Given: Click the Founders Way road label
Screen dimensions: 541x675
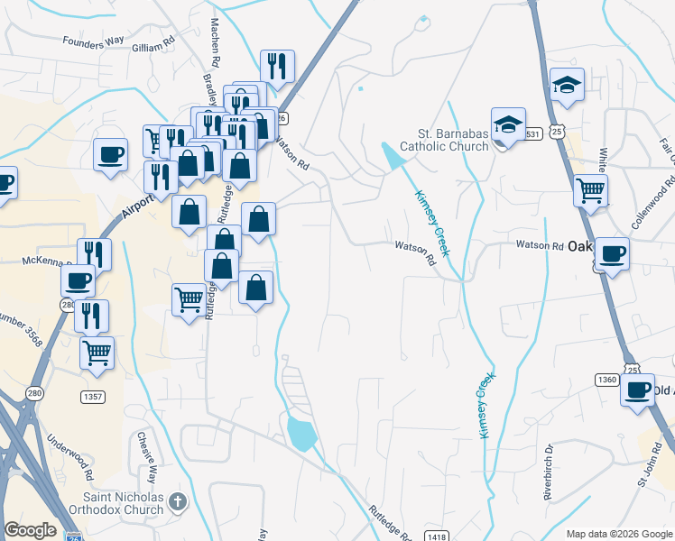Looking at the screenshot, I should pos(91,41).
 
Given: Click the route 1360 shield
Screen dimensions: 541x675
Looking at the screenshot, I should pos(606,380).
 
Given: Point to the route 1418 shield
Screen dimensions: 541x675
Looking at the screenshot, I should pos(437,537).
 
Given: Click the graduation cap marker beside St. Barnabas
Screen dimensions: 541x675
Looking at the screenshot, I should pos(508,125).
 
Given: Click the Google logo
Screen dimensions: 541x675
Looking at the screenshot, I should pos(30,530).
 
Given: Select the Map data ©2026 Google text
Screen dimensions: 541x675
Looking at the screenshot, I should pos(618,534).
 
